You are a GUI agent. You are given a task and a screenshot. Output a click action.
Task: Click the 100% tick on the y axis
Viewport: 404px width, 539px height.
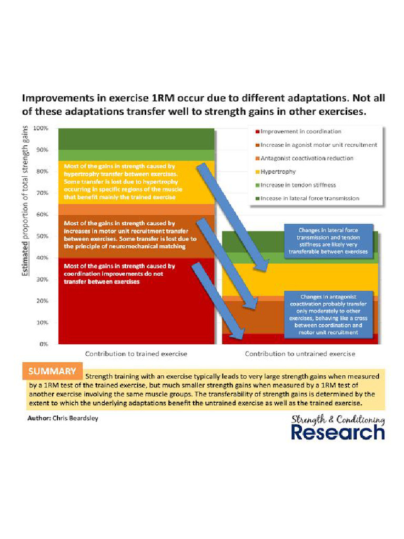41,128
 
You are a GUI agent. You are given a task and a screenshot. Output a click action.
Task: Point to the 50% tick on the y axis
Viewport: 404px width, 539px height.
42,236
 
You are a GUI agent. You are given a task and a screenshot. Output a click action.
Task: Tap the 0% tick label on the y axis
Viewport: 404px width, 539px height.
44,344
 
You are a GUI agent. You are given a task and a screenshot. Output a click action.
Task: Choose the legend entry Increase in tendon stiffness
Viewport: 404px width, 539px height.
298,185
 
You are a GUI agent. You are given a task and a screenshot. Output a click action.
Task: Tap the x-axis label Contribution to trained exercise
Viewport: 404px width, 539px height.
136,354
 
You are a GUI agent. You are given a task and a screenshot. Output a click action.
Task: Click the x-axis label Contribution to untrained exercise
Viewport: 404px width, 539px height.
300,354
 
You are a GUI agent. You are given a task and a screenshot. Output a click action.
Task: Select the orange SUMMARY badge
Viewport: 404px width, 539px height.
52,371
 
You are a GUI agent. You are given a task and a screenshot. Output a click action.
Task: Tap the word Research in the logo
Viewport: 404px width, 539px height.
338,433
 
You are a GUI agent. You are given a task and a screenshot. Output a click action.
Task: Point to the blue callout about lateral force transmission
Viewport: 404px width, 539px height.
328,241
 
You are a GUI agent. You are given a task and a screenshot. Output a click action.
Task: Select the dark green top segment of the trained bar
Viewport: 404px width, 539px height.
136,138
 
